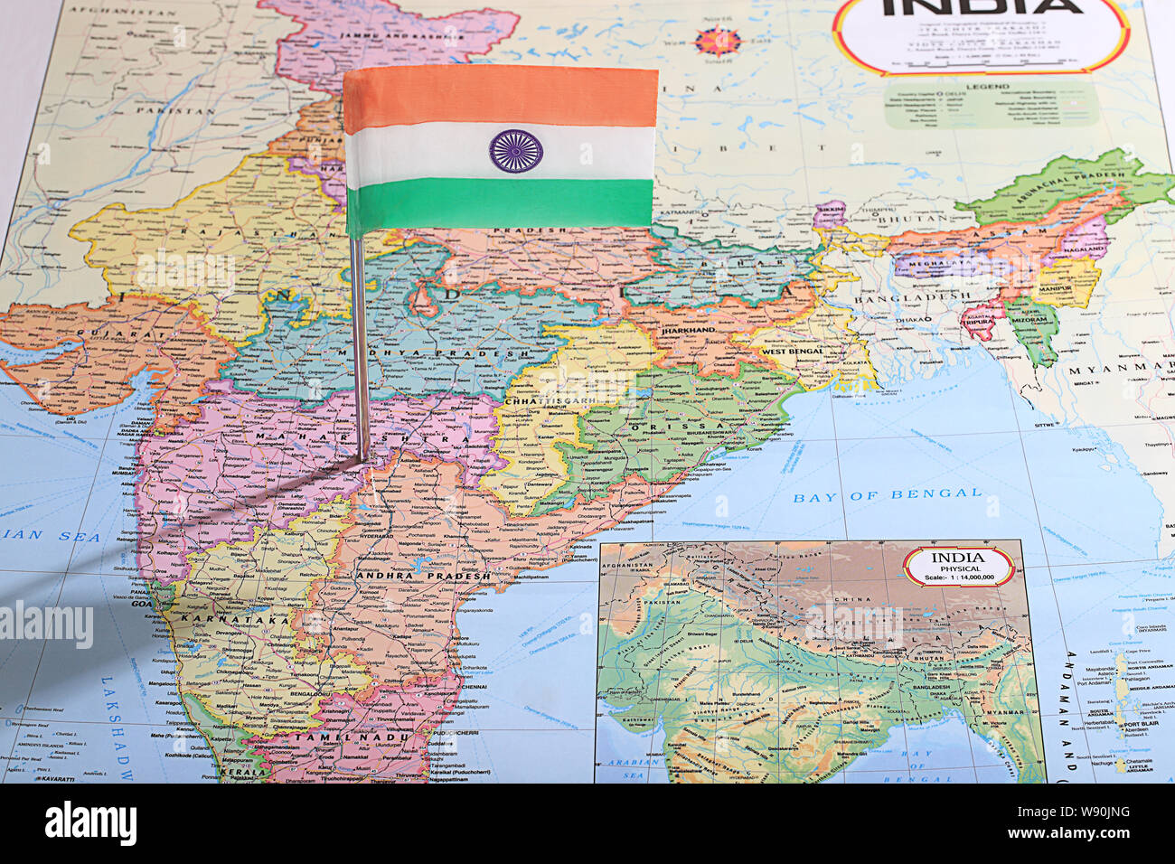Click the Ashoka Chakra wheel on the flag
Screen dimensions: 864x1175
click(516, 151)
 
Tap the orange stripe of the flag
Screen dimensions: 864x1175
click(500, 98)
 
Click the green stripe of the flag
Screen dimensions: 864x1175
click(500, 204)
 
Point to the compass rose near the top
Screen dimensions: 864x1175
click(719, 42)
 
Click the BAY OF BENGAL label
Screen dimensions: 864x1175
click(887, 494)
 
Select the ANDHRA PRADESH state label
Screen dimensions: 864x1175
click(423, 576)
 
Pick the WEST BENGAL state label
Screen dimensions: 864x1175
click(792, 351)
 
